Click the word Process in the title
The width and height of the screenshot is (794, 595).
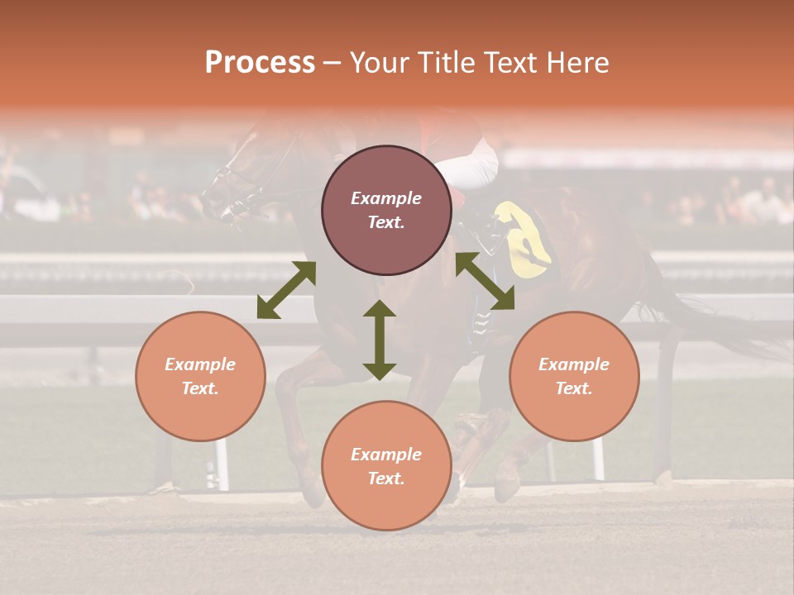[260, 63]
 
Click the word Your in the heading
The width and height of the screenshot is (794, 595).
[381, 63]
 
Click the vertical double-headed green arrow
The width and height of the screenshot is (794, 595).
[380, 340]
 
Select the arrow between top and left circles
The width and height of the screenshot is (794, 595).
[286, 289]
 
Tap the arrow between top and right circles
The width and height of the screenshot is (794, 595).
[485, 281]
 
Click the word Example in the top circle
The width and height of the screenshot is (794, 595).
[386, 198]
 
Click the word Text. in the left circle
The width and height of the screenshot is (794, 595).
[200, 388]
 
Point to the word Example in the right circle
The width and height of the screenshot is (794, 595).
[574, 364]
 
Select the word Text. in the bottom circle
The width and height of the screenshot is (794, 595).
[386, 478]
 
